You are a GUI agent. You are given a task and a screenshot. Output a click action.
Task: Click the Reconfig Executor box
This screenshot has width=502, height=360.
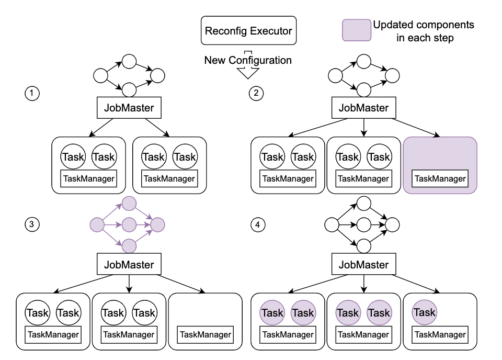point(248,31)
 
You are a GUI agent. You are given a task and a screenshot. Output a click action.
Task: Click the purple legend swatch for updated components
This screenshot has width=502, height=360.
point(355,31)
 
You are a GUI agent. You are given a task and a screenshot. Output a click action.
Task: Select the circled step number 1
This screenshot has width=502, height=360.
point(32,94)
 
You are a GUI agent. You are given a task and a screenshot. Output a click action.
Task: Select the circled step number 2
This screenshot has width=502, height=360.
point(256,94)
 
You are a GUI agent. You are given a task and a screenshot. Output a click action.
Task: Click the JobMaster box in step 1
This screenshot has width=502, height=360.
point(129,108)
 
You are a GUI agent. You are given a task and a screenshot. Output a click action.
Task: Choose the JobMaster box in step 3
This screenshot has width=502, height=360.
point(129,265)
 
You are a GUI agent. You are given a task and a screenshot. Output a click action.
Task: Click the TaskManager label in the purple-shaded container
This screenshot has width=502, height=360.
point(440,178)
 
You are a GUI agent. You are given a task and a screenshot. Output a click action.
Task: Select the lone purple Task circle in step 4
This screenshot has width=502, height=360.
point(424,312)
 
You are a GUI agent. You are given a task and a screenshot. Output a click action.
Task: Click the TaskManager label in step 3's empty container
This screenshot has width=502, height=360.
point(205,335)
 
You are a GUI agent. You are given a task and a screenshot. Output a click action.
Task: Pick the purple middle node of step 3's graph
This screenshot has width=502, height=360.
point(129,226)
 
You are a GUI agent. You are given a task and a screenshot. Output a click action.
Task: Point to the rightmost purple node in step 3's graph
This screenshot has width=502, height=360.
point(157,226)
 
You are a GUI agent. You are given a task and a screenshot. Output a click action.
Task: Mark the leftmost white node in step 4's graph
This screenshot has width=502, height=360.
point(332,226)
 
